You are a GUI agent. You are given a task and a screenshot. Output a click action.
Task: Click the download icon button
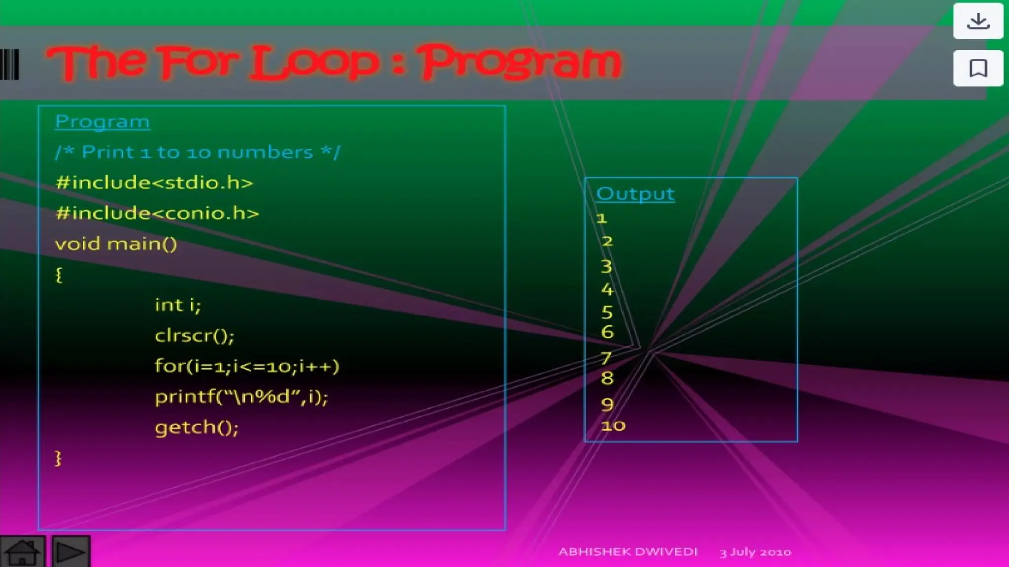pyautogui.click(x=978, y=21)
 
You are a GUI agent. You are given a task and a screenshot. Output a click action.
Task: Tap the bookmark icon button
pyautogui.click(x=978, y=68)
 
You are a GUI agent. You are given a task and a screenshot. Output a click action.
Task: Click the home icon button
pyautogui.click(x=22, y=552)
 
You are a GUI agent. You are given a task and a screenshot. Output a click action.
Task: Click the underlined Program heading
pyautogui.click(x=102, y=122)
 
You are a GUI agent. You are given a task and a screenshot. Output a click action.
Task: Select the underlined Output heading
pyautogui.click(x=635, y=194)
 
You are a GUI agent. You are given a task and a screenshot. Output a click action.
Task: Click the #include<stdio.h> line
pyautogui.click(x=154, y=183)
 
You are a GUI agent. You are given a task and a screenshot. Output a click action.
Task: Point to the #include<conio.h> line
pyautogui.click(x=157, y=213)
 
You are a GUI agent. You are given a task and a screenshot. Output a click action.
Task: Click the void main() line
pyautogui.click(x=116, y=244)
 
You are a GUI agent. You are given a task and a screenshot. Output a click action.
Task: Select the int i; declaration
pyautogui.click(x=178, y=305)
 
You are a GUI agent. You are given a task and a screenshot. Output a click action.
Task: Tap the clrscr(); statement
pyautogui.click(x=195, y=336)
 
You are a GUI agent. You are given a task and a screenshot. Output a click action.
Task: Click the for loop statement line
pyautogui.click(x=247, y=366)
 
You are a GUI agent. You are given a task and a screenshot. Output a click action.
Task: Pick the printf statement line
pyautogui.click(x=241, y=397)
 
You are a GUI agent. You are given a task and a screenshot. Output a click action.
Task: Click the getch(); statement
pyautogui.click(x=197, y=427)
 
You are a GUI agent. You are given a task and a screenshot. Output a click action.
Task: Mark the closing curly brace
pyautogui.click(x=58, y=458)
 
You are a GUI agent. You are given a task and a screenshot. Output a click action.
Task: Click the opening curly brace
pyautogui.click(x=59, y=275)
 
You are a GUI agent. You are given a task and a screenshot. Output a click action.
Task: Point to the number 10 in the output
pyautogui.click(x=613, y=425)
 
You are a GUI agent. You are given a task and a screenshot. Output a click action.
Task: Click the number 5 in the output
pyautogui.click(x=607, y=312)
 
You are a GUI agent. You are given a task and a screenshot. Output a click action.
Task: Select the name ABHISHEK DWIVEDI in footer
pyautogui.click(x=628, y=552)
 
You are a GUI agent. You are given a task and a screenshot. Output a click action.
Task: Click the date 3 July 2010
pyautogui.click(x=755, y=552)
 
